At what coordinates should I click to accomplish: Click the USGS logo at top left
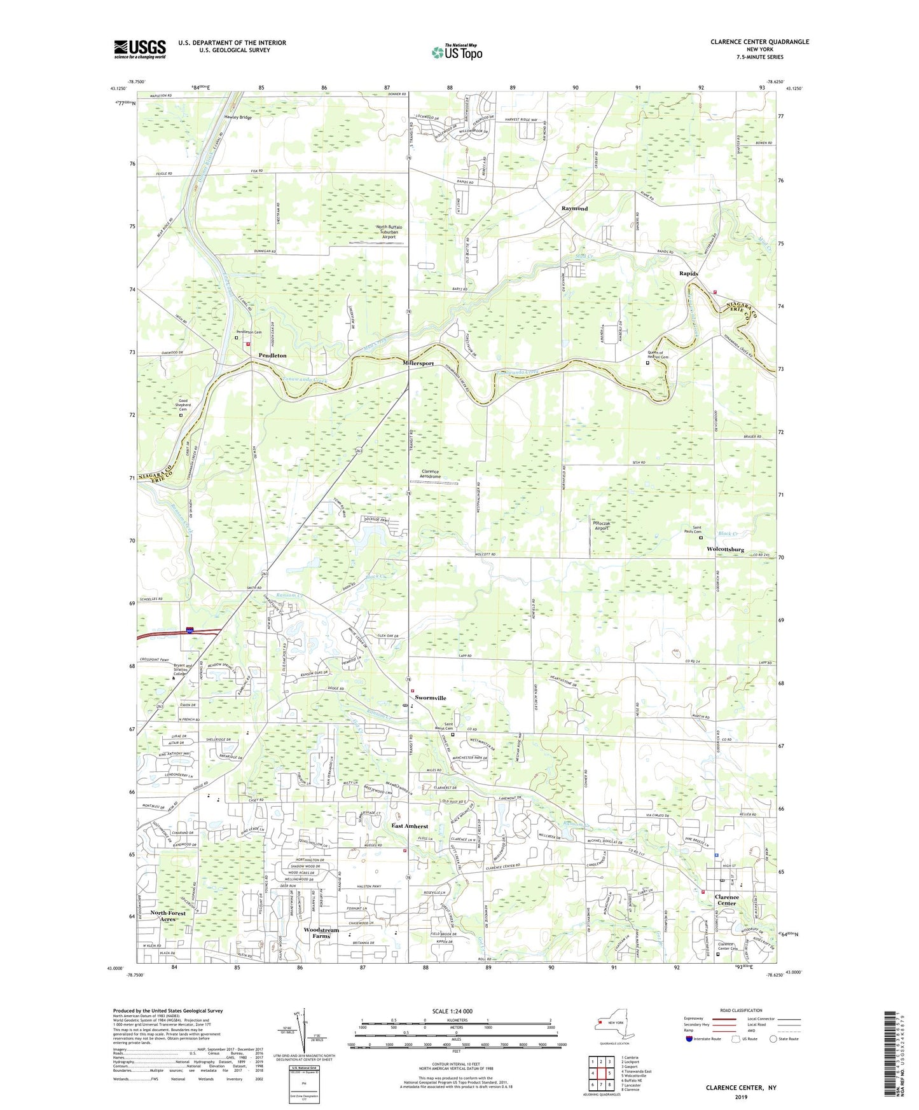point(140,48)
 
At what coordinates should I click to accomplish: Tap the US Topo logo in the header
point(456,52)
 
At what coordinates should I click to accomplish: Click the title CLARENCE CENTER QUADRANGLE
point(759,42)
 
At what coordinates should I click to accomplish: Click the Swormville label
point(431,697)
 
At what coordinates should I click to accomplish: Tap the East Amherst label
point(409,826)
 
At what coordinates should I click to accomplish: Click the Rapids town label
point(688,273)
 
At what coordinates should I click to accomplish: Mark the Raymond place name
point(574,209)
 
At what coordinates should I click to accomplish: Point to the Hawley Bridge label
point(238,118)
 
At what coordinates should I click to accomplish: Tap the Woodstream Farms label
point(321,933)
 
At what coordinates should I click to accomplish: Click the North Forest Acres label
point(168,915)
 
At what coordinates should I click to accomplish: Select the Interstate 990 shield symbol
point(190,631)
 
